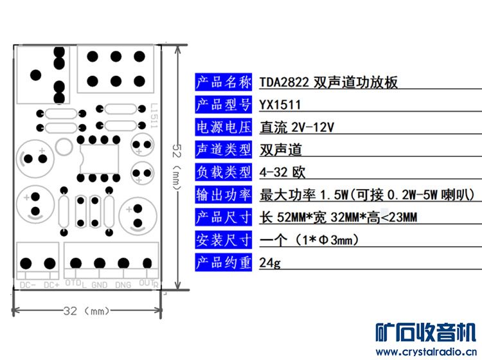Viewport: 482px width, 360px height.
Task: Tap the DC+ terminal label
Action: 51,285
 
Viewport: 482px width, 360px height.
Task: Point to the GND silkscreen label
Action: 100,285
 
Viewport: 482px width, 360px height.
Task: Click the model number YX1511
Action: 280,104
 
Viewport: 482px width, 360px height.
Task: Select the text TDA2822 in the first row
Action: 285,82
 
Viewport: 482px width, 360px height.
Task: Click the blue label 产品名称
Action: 223,82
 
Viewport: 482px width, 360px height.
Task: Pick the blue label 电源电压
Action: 223,127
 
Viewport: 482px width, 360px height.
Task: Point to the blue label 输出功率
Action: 223,195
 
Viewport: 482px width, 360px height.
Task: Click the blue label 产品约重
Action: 223,263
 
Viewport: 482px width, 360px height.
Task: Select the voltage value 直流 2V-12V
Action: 297,127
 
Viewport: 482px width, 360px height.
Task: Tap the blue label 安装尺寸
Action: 223,240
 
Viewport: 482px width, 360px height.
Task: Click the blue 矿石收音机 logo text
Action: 426,332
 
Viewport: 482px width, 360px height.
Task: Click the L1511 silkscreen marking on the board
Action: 154,117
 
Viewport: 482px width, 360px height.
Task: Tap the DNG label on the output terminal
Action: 123,285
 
